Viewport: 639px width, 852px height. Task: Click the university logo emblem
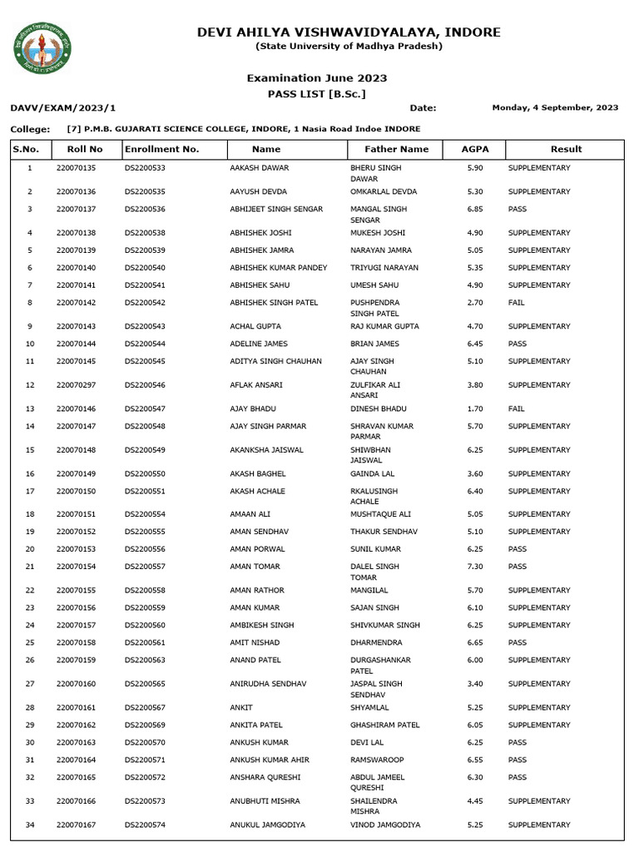[42, 47]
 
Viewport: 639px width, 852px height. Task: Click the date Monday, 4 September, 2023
[555, 107]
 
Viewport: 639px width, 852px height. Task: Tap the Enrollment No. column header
[161, 149]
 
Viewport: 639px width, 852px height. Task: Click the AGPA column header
[475, 149]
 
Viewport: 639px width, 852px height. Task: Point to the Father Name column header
[397, 149]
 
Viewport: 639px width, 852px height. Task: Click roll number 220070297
[76, 385]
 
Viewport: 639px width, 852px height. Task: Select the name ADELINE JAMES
[258, 344]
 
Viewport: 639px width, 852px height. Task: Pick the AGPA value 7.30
[474, 567]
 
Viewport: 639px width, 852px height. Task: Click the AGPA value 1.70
[474, 409]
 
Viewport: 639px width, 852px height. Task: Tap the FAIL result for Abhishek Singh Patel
[516, 303]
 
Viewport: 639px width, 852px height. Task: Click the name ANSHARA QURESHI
[265, 777]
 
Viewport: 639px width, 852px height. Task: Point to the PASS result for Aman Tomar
[517, 567]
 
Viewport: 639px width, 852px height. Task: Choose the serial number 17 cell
[30, 491]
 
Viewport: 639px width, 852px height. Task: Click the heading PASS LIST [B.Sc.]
[316, 94]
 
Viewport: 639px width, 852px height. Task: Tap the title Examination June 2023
[316, 78]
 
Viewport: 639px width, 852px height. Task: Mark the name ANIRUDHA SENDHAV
[268, 683]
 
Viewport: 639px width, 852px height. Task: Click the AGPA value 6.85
[474, 209]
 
